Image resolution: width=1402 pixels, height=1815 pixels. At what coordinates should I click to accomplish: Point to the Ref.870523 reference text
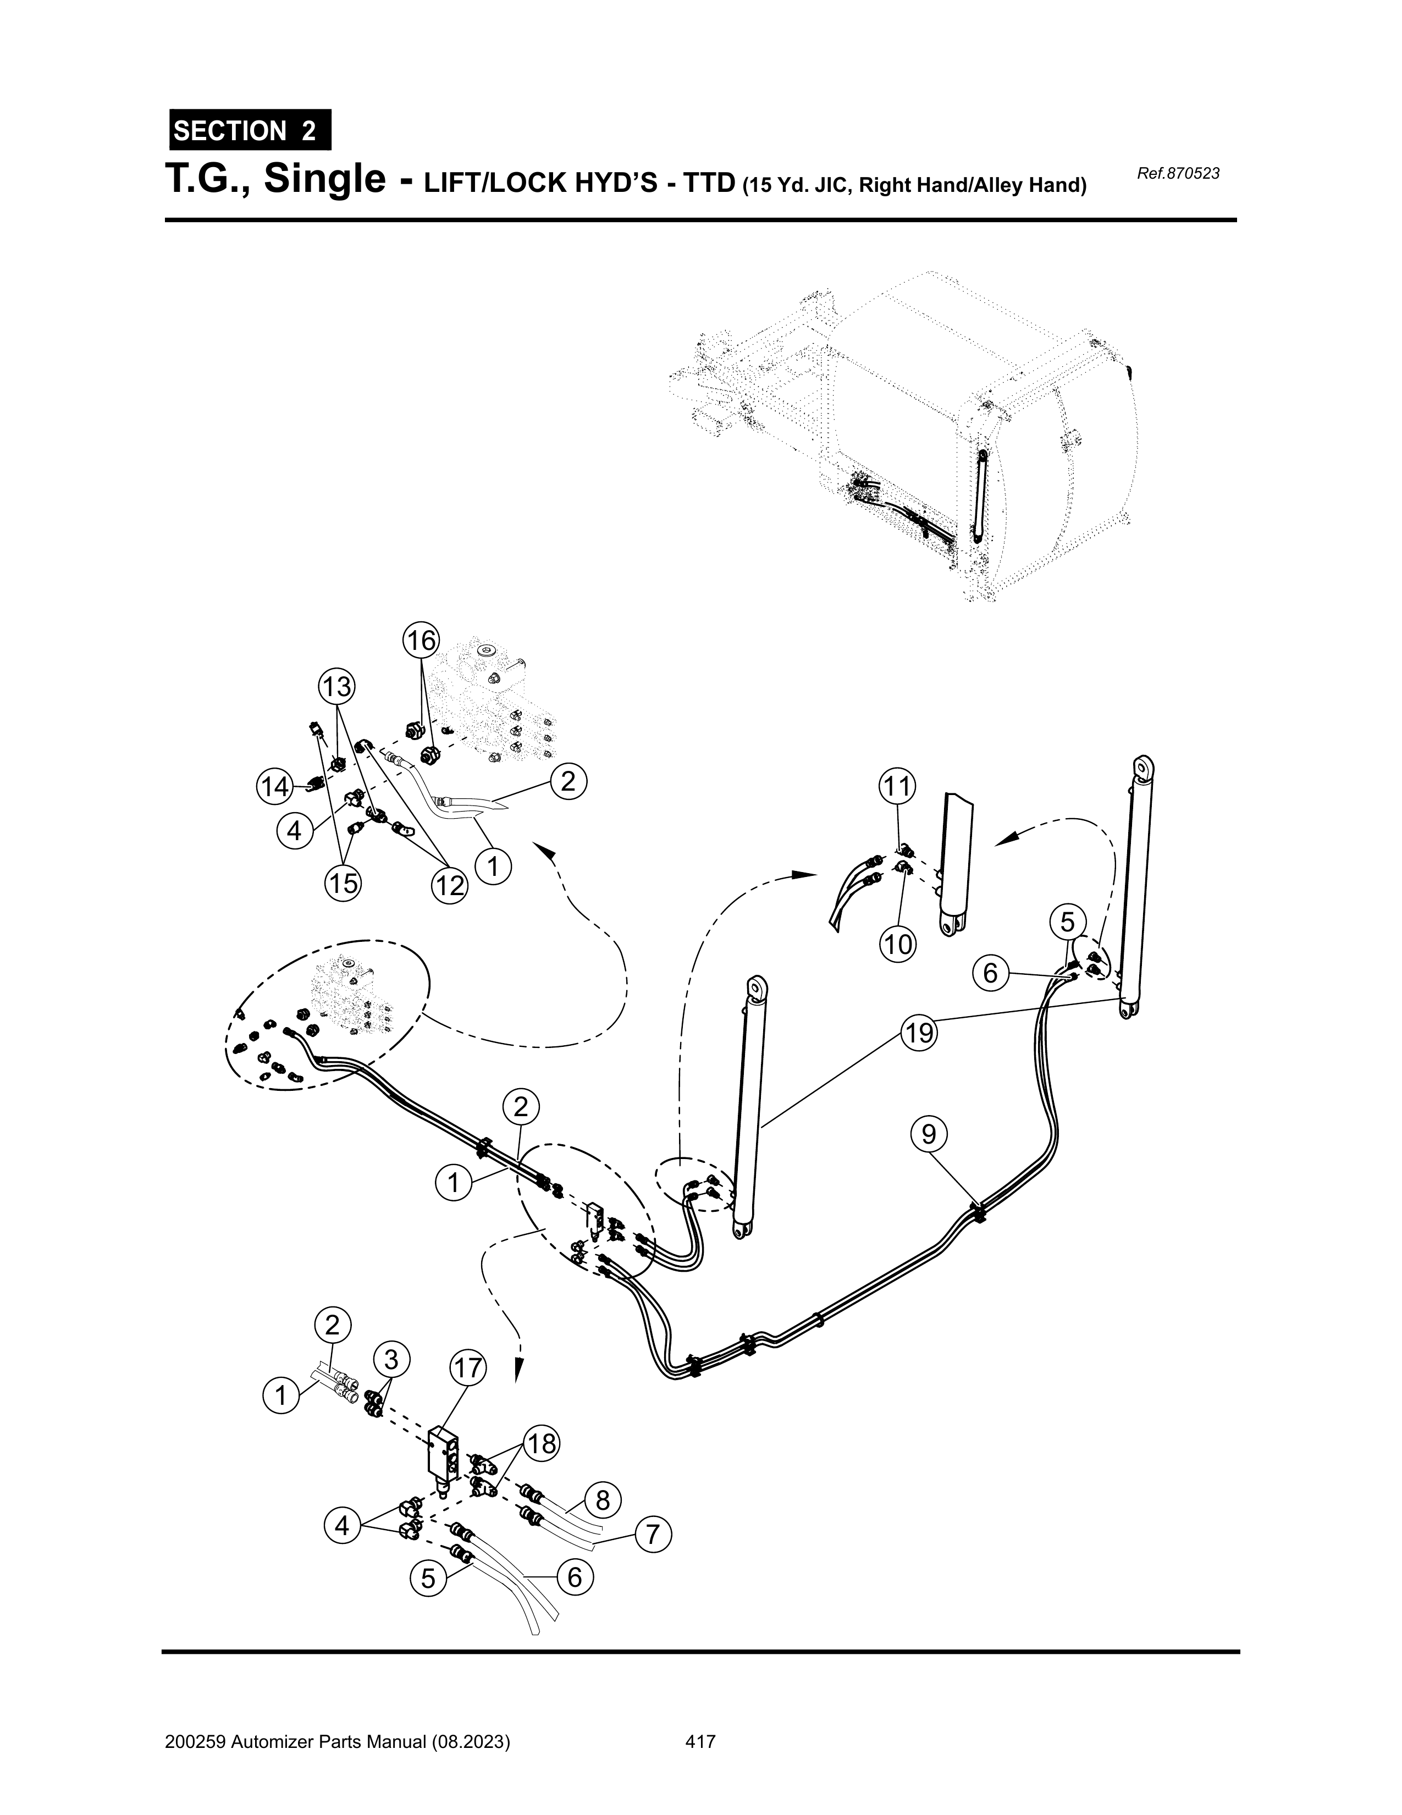[1177, 174]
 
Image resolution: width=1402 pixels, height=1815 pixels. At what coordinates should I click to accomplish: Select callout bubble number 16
[421, 640]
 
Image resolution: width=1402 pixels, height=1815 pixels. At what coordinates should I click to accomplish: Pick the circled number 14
[275, 786]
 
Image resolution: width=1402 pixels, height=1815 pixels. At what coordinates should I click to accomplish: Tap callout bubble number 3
[390, 1360]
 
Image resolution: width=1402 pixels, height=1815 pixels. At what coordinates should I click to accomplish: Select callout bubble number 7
[653, 1534]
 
